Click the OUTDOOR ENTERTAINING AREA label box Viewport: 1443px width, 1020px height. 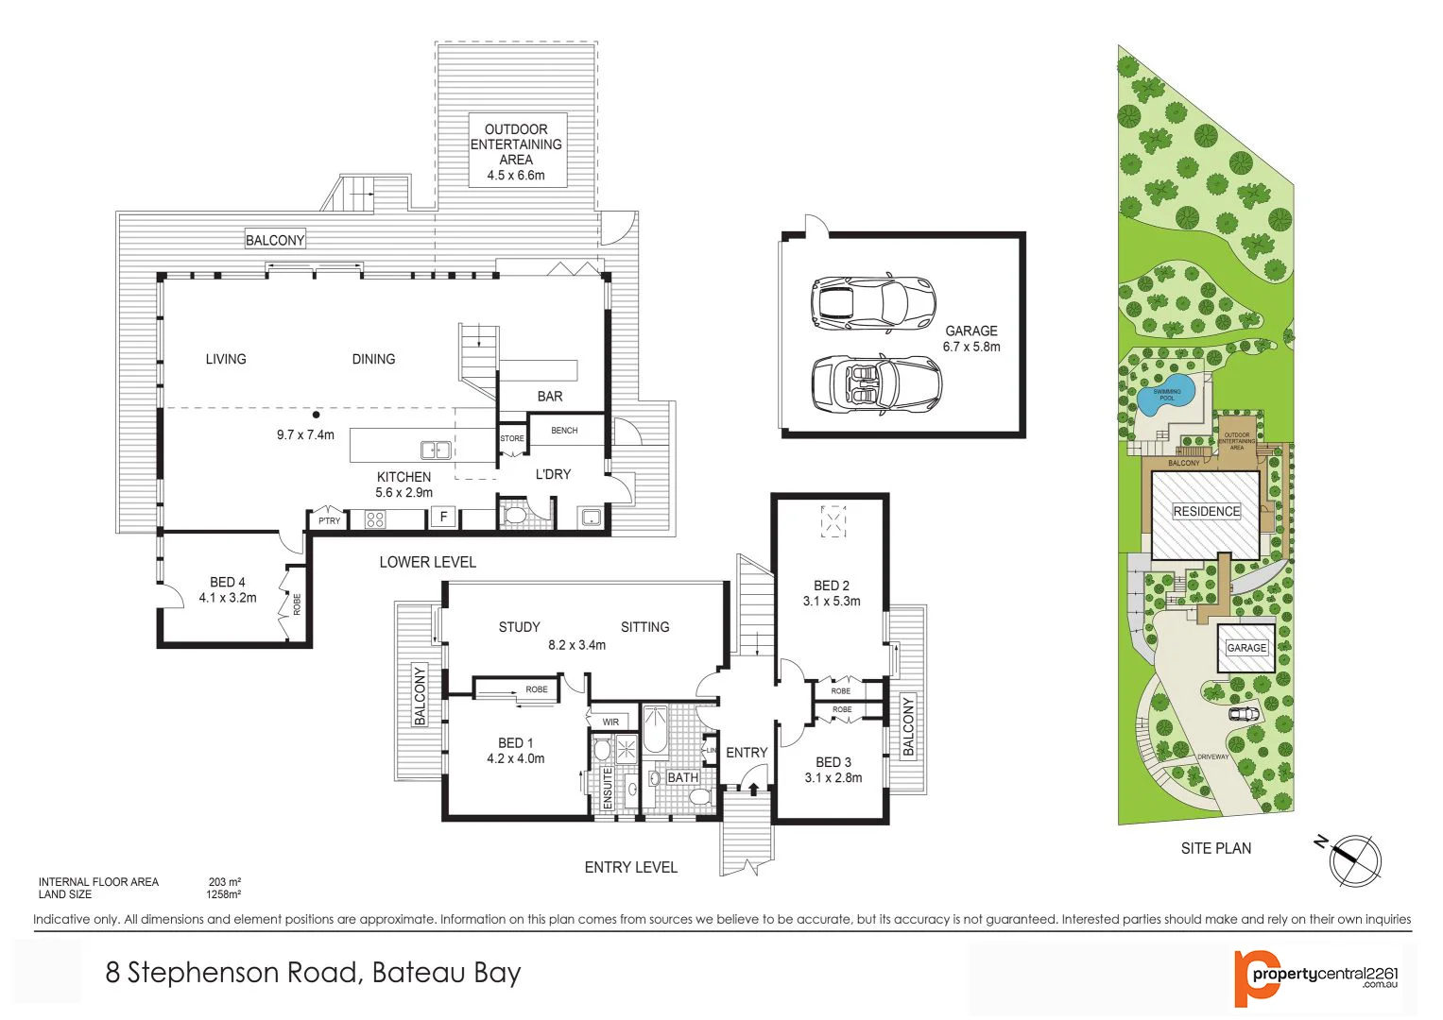pos(516,151)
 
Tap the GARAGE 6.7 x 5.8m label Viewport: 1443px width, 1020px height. pos(971,339)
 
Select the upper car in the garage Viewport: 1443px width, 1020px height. pos(872,303)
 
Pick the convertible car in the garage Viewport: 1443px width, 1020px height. pos(876,383)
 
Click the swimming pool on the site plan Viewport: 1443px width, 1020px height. pos(1164,397)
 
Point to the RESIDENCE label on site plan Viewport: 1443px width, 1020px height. pos(1206,511)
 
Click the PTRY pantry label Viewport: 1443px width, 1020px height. pos(329,520)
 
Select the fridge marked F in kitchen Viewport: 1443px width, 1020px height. pos(443,517)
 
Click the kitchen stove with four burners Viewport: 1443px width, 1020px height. pos(375,518)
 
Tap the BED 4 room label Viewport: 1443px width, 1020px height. pos(227,589)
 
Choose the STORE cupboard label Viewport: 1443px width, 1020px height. pos(511,438)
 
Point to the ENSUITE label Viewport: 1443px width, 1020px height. pos(608,788)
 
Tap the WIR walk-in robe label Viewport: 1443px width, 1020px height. pos(610,722)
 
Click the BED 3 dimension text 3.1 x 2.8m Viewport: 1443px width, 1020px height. pos(833,778)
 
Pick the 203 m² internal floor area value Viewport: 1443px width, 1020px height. pos(224,882)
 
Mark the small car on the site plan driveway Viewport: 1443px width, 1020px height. pos(1244,713)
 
